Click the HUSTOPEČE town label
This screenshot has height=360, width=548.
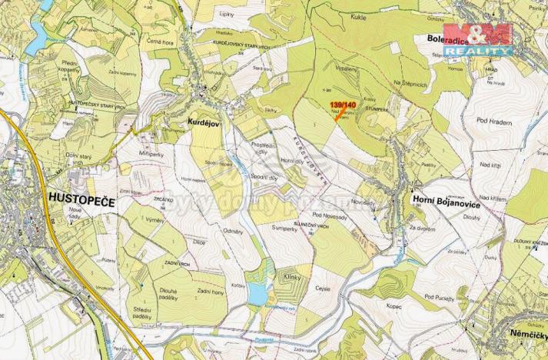81,198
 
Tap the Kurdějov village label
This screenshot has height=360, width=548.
201,122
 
